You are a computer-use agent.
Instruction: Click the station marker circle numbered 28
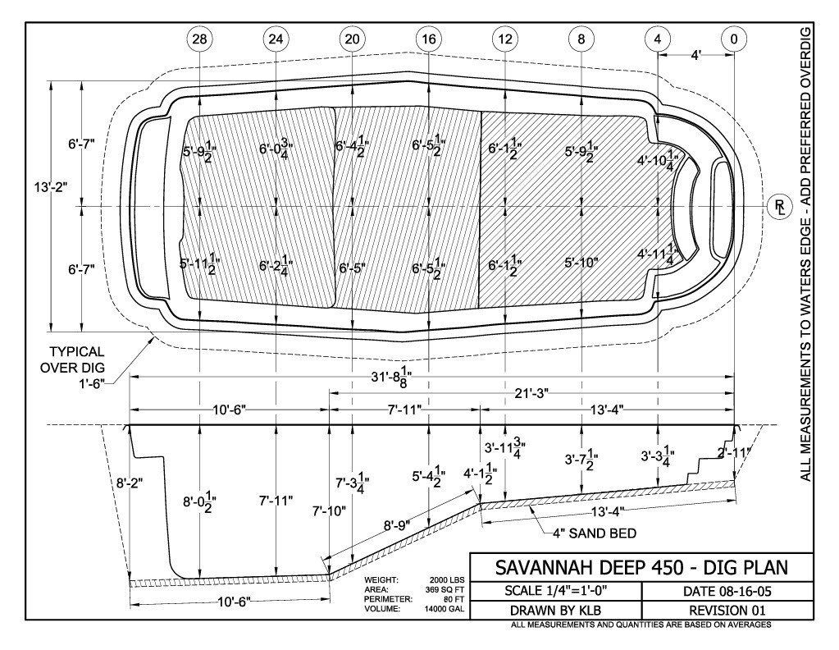coord(199,39)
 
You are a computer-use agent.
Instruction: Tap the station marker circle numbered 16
coord(429,39)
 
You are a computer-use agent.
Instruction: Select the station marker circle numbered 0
coord(733,39)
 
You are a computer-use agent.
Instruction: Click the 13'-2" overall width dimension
coord(50,187)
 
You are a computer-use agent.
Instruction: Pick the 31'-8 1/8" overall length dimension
coord(391,377)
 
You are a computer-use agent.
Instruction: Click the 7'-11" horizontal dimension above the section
coord(404,410)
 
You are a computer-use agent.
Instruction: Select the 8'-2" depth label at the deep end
coord(130,483)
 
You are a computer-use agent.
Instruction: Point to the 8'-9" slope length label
coord(396,525)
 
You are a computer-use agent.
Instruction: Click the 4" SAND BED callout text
coord(595,533)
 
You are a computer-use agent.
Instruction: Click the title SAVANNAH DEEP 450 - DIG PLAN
coord(641,568)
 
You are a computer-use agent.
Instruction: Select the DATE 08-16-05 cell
coord(727,591)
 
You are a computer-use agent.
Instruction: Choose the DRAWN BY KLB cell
coord(555,611)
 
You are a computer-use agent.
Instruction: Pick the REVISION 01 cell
coord(727,611)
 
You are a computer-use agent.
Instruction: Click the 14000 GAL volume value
coord(445,609)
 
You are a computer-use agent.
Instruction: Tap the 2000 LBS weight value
coord(447,580)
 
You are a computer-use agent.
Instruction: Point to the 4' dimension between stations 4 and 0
coord(695,55)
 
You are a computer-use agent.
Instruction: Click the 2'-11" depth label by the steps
coord(734,453)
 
